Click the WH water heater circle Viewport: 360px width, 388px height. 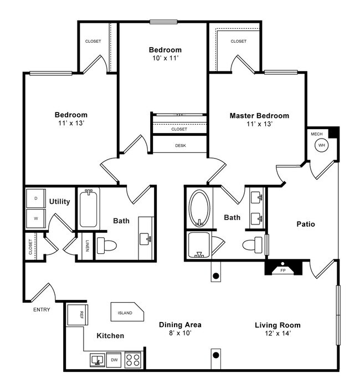pos(321,145)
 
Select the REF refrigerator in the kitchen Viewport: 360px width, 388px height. pos(75,315)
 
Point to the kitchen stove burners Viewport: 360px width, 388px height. pos(133,359)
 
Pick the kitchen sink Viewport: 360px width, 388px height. pos(97,359)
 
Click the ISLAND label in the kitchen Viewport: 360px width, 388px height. pos(126,313)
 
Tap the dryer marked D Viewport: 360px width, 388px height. pos(35,198)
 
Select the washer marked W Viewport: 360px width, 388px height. pos(35,218)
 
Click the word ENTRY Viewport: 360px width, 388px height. pos(42,310)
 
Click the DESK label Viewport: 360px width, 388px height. pos(179,145)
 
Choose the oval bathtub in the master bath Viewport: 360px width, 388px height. pos(199,208)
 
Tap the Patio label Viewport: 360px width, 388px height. pos(305,224)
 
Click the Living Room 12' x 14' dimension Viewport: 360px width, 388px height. pos(277,333)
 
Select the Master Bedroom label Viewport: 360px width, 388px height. pos(259,116)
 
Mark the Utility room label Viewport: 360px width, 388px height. pos(59,201)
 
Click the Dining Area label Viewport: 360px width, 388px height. pos(179,324)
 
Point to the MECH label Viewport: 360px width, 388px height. pos(316,134)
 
